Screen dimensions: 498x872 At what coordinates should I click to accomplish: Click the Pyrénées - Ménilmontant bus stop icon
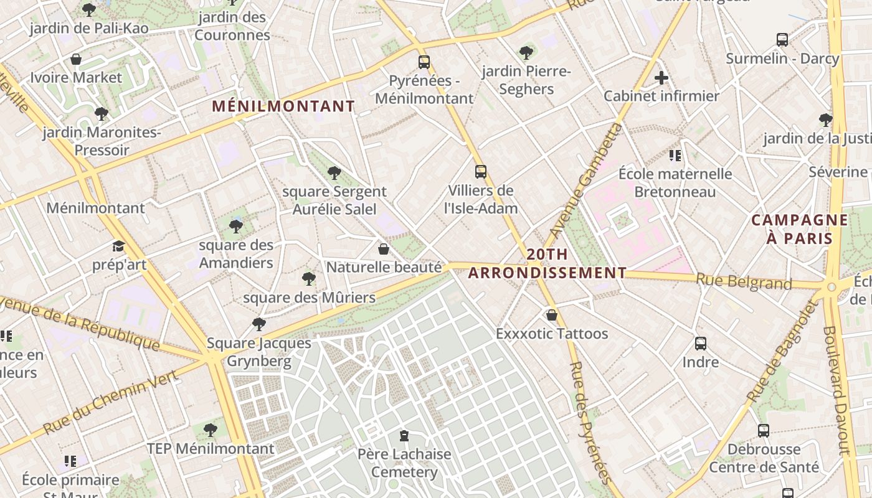pyautogui.click(x=424, y=62)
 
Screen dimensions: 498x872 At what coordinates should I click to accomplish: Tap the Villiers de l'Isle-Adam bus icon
pyautogui.click(x=480, y=171)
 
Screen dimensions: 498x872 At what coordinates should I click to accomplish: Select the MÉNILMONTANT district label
pyautogui.click(x=283, y=106)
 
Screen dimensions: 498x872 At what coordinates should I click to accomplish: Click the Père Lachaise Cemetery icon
pyautogui.click(x=404, y=435)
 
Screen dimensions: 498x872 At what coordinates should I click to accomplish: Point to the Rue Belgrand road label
pyautogui.click(x=744, y=282)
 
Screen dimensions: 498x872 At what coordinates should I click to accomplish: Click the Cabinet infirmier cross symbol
pyautogui.click(x=661, y=78)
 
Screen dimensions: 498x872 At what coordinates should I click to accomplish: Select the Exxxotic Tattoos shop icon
pyautogui.click(x=551, y=315)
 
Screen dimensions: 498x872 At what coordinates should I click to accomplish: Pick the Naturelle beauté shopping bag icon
pyautogui.click(x=384, y=249)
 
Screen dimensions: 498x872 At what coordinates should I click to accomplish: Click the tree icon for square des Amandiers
pyautogui.click(x=235, y=226)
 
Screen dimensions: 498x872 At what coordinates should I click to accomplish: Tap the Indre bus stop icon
pyautogui.click(x=701, y=343)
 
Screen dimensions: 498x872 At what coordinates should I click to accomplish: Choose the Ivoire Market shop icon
pyautogui.click(x=76, y=59)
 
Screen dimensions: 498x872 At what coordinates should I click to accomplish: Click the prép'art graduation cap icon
pyautogui.click(x=118, y=247)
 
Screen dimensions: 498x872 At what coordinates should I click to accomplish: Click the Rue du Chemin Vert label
pyautogui.click(x=112, y=400)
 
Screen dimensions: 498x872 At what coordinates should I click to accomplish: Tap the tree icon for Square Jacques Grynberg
pyautogui.click(x=259, y=324)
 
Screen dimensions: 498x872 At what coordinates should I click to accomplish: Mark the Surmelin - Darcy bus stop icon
pyautogui.click(x=782, y=40)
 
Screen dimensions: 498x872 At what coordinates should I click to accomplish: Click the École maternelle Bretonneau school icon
pyautogui.click(x=675, y=155)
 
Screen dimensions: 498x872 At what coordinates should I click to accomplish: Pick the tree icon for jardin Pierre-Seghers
pyautogui.click(x=526, y=52)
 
